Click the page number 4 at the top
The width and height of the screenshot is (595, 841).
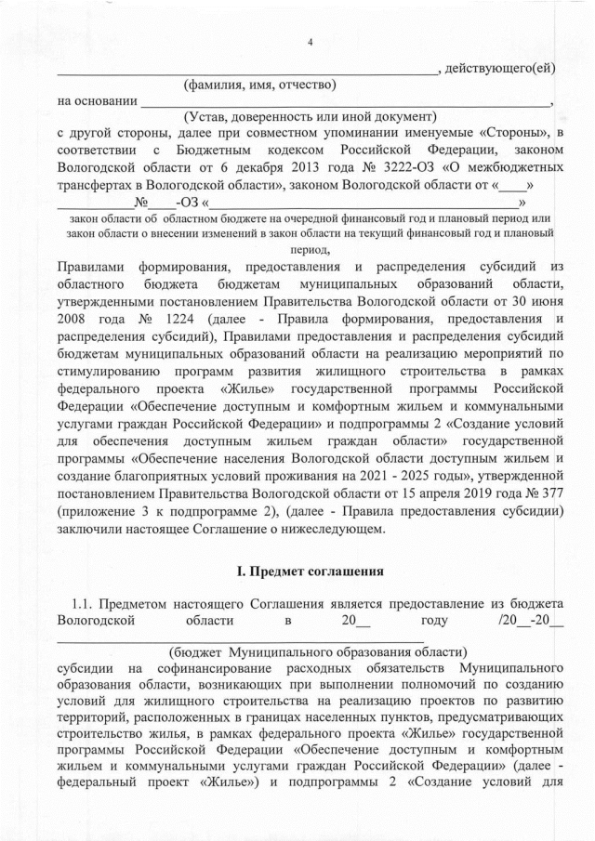click(310, 42)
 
